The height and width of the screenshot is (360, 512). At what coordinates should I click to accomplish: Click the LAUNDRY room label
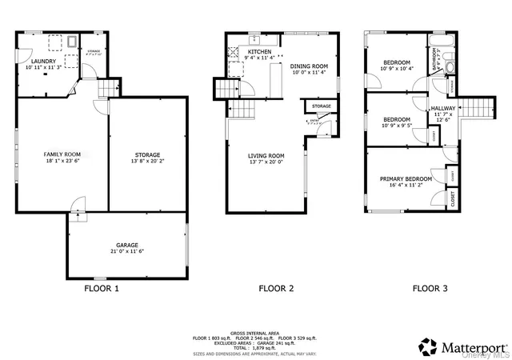click(x=42, y=61)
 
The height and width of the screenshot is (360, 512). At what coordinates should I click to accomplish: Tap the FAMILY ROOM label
click(x=62, y=153)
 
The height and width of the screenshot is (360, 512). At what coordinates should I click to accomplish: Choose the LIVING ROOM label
click(x=266, y=155)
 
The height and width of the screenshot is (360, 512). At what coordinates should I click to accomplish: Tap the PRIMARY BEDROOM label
click(x=406, y=178)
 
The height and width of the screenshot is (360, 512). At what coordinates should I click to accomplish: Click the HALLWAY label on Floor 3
click(x=443, y=108)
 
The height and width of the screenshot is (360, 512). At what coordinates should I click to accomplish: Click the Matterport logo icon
click(x=428, y=347)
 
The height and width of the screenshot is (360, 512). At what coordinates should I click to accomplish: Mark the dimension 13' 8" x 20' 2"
click(x=146, y=161)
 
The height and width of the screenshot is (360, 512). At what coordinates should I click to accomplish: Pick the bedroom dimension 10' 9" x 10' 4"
click(x=397, y=69)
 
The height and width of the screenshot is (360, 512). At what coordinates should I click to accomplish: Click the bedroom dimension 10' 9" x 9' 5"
click(x=397, y=126)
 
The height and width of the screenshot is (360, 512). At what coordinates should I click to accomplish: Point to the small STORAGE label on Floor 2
click(x=322, y=106)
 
